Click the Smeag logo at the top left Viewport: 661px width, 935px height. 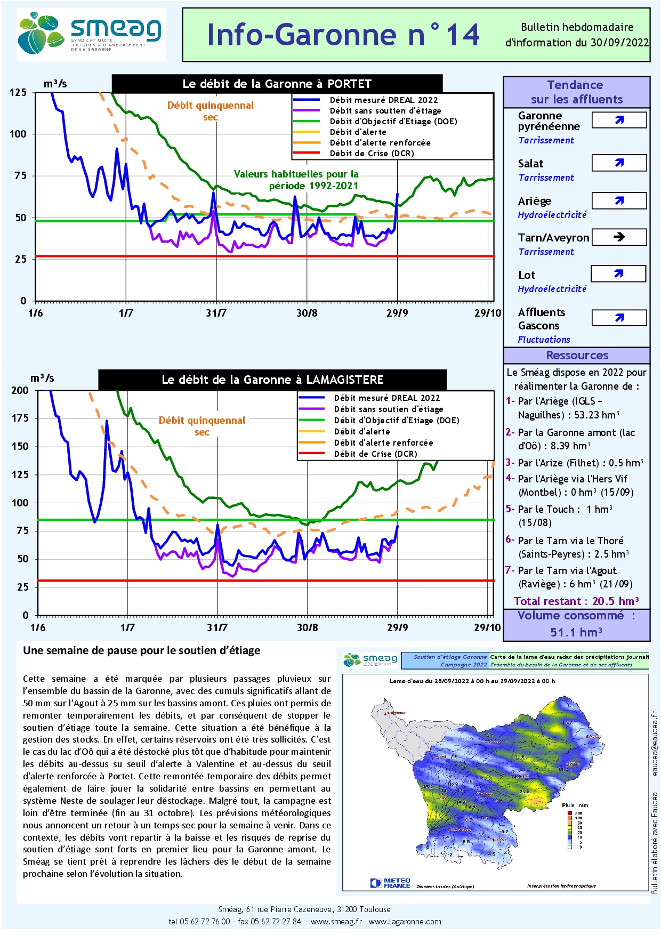coord(91,34)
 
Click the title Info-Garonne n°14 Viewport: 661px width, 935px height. coord(343,35)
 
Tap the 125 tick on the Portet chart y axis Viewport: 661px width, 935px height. coord(18,93)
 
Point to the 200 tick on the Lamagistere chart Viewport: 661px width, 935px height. coord(20,391)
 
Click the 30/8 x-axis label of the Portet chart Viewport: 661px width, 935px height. coord(307,313)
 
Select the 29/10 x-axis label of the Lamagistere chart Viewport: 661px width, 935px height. coord(487,627)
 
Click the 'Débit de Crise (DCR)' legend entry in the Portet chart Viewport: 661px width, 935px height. coord(372,154)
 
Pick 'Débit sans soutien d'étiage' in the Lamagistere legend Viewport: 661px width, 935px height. coord(388,409)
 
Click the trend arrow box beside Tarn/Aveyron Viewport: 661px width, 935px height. coord(619,237)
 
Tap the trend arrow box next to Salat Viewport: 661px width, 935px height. coord(619,163)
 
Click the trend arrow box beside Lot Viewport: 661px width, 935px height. coord(618,274)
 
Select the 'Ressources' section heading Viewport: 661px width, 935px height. coord(577,356)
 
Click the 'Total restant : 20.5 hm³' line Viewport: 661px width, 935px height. coord(576,601)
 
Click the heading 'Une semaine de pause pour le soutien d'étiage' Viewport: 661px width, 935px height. coord(142,650)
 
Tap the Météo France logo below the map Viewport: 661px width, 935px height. coord(390,883)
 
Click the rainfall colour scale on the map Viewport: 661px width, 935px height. coord(571,828)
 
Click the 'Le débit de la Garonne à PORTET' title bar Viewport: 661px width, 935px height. coord(277,84)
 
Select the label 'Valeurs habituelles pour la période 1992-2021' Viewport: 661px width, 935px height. coord(296,180)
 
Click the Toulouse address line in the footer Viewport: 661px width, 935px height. coord(304,909)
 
